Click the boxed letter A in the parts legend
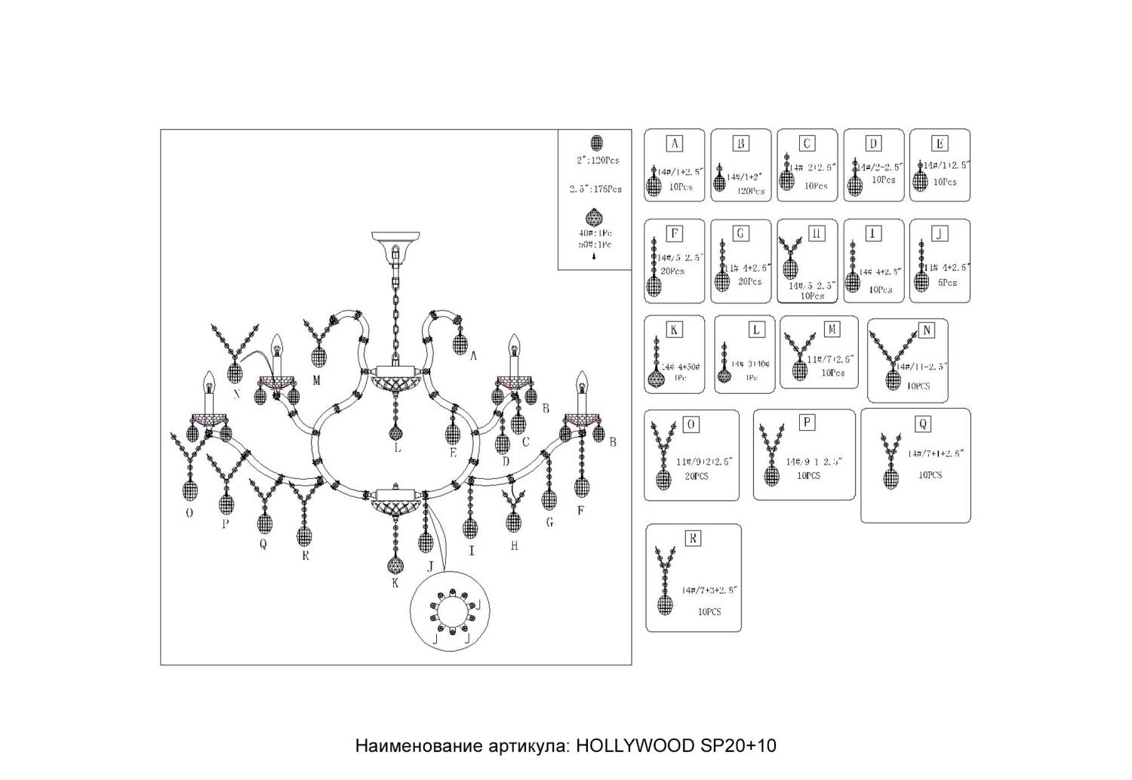click(x=675, y=143)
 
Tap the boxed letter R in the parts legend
click(x=692, y=538)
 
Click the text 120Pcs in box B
click(x=750, y=191)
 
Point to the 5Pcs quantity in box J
click(x=948, y=282)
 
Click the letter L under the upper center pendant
click(x=396, y=449)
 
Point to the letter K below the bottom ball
click(x=395, y=582)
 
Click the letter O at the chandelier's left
click(x=189, y=513)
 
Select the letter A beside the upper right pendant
click(x=473, y=357)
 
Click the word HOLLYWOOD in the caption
click(x=635, y=746)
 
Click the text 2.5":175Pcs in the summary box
click(x=595, y=189)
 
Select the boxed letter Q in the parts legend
click(x=922, y=424)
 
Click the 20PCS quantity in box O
click(x=697, y=477)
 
